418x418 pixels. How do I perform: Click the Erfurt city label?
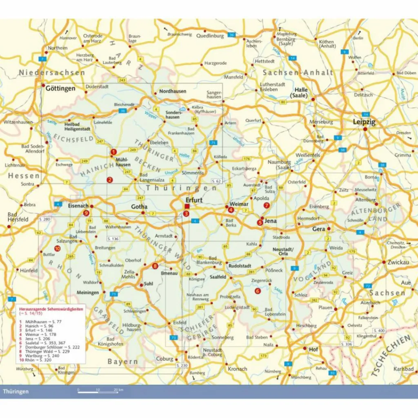[x=194, y=200]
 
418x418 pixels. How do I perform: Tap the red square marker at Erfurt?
[x=187, y=206]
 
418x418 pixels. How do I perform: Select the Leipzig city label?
[x=364, y=122]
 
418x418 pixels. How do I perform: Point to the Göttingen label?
[x=60, y=88]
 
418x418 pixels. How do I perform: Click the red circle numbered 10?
[x=57, y=248]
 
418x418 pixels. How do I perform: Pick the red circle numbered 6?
[x=257, y=291]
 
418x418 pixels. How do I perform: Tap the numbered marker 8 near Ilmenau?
[x=155, y=267]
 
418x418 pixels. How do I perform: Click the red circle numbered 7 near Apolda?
[x=267, y=205]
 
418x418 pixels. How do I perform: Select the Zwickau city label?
[x=399, y=262]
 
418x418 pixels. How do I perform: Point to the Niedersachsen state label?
[x=52, y=72]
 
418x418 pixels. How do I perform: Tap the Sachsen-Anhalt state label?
[x=298, y=72]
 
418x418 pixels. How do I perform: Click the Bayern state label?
[x=122, y=361]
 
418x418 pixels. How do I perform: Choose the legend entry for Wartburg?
[x=41, y=356]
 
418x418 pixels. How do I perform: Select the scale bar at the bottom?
[x=98, y=392]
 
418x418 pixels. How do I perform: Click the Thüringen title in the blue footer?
[x=16, y=391]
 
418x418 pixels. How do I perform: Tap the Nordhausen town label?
[x=173, y=91]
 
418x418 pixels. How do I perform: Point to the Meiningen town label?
[x=88, y=293]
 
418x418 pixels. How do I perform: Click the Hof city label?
[x=313, y=349]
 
